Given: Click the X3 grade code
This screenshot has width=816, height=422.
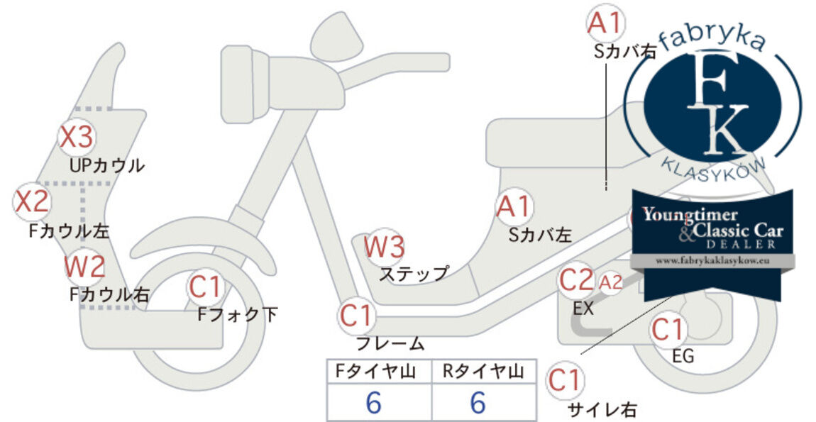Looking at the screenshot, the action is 77,137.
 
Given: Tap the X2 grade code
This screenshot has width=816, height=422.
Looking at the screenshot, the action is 32,201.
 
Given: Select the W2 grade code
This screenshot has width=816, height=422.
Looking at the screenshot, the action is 85,267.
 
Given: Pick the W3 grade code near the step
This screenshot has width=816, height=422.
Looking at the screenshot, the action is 384,247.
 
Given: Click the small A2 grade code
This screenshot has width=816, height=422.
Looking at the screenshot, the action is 610,282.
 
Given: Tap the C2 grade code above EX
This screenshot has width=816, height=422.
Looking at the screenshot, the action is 576,279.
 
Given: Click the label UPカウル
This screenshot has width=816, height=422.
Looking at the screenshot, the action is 106,166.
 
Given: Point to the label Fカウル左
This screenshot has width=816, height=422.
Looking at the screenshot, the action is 70,231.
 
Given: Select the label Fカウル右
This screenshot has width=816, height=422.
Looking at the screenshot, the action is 110,294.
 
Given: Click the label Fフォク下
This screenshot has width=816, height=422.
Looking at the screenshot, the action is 237,314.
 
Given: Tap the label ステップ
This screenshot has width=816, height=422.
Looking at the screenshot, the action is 414,274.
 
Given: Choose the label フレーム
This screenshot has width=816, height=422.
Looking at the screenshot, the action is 390,343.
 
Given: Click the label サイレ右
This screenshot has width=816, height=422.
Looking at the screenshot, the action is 602,409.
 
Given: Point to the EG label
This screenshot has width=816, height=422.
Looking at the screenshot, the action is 683,356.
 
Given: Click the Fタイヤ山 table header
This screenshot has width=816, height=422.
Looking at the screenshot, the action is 375,371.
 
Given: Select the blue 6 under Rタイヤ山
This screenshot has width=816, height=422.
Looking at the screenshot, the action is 478,402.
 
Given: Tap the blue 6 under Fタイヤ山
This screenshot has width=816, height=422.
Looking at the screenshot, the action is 374,402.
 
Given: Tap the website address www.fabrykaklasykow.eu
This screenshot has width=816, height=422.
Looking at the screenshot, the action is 712,261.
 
